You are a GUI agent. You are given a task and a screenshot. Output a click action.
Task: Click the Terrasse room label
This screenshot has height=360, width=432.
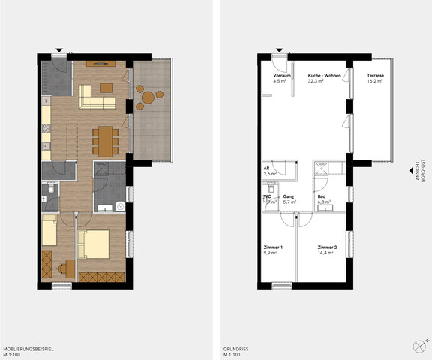(x=374, y=76)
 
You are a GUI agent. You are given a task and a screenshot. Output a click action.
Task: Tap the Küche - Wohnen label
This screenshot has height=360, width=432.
(x=325, y=76)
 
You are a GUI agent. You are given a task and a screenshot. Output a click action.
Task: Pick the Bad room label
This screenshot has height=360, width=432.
(x=322, y=196)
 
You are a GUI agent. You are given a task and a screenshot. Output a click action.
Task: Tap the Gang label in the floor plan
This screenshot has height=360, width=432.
(x=287, y=196)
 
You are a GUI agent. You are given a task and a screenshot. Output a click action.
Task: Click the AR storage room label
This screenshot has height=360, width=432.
(x=266, y=168)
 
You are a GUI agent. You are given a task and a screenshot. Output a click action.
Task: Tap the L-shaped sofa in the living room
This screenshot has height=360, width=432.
(x=94, y=97)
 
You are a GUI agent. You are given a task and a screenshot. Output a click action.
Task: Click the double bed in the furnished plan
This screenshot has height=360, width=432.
(x=94, y=243)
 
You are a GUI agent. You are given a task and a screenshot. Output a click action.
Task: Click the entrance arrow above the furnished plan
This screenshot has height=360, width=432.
(x=60, y=51)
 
